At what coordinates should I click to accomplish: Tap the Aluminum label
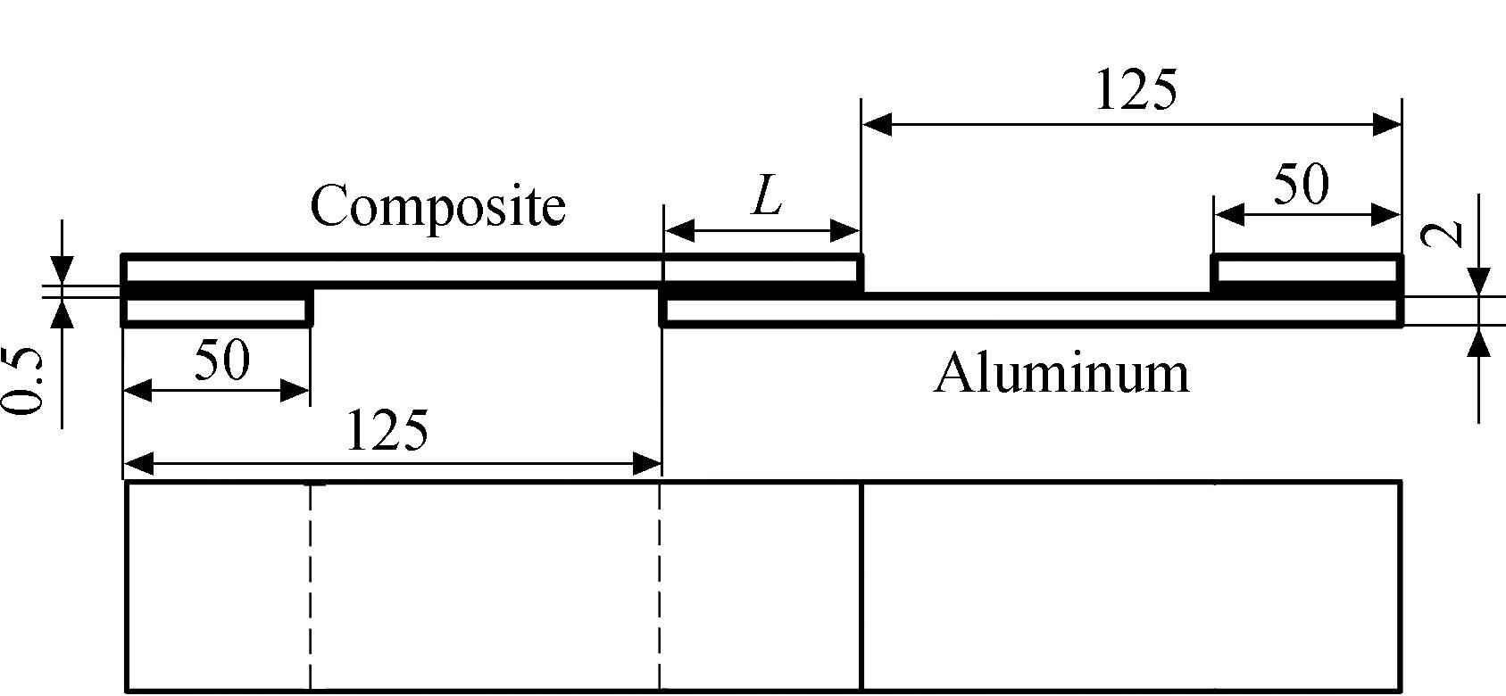click(1061, 374)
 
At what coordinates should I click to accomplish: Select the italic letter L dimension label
click(767, 197)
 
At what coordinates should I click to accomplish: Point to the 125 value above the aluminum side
click(1136, 89)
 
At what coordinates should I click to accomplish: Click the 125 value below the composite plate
click(387, 430)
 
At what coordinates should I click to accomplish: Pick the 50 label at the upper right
click(1301, 184)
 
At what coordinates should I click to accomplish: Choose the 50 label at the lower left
click(222, 360)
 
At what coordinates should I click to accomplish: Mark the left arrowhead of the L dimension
click(679, 231)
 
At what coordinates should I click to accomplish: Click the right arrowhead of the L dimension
click(845, 231)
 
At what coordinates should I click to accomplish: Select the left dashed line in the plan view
click(310, 586)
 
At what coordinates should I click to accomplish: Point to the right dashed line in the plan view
click(660, 586)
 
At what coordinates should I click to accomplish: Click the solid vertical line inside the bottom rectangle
click(861, 586)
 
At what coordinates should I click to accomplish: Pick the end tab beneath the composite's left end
click(217, 311)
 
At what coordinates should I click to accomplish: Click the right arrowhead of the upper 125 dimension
click(1386, 124)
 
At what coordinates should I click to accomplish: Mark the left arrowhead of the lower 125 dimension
click(139, 463)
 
